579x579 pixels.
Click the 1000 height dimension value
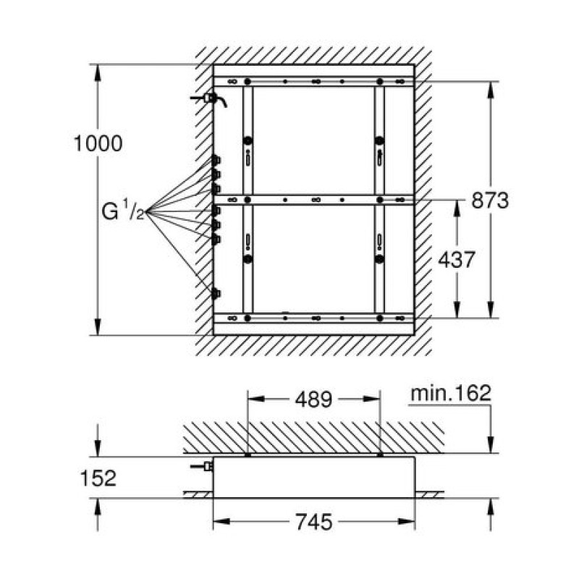click(98, 143)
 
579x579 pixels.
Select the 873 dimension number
click(490, 200)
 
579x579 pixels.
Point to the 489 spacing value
click(313, 400)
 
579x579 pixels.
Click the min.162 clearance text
click(451, 393)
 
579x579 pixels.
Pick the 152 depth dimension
click(98, 478)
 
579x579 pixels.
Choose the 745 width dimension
click(314, 522)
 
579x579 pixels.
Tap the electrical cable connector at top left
click(211, 98)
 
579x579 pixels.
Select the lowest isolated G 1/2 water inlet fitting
click(216, 294)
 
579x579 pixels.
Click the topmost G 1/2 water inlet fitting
click(216, 161)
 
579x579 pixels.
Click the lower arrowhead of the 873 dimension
click(491, 310)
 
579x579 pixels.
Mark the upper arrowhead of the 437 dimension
click(457, 208)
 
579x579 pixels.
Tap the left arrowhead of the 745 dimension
click(221, 522)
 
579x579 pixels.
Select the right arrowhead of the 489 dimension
click(371, 399)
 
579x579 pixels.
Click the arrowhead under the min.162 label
click(491, 445)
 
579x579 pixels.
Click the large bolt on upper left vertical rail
click(248, 140)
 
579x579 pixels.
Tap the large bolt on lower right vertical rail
click(379, 259)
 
